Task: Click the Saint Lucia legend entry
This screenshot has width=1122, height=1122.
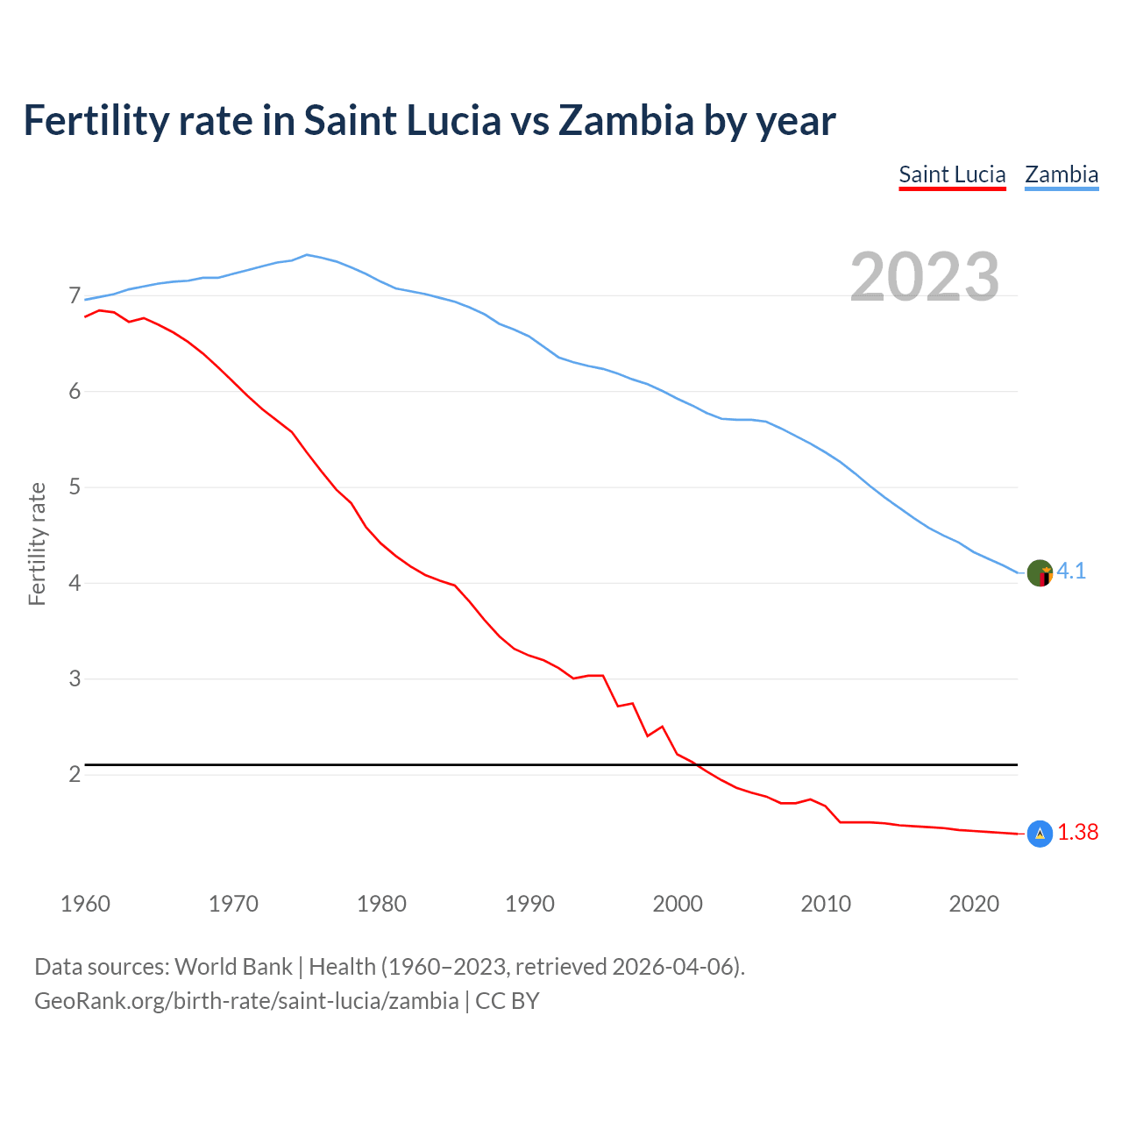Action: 952,174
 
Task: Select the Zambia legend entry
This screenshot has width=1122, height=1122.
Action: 1062,174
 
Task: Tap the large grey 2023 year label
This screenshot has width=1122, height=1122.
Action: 925,277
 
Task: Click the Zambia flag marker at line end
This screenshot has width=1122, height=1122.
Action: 1040,573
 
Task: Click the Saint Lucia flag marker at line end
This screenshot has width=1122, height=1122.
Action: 1040,834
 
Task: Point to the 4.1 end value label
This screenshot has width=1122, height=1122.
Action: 1071,572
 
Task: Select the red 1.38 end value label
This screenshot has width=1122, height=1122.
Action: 1077,833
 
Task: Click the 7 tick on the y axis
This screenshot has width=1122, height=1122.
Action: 75,296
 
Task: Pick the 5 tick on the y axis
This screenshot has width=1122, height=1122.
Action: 75,487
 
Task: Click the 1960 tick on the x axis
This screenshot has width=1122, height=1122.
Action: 85,904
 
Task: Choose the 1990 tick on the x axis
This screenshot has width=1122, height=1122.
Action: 529,904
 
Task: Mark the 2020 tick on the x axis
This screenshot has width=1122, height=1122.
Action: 974,904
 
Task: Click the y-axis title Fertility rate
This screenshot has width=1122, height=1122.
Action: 37,543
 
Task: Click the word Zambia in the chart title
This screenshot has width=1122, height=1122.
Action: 626,120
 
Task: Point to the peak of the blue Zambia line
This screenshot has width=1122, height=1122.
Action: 306,255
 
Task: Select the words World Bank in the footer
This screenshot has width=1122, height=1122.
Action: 233,967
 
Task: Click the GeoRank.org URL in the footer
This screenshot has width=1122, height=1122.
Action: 246,1001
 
